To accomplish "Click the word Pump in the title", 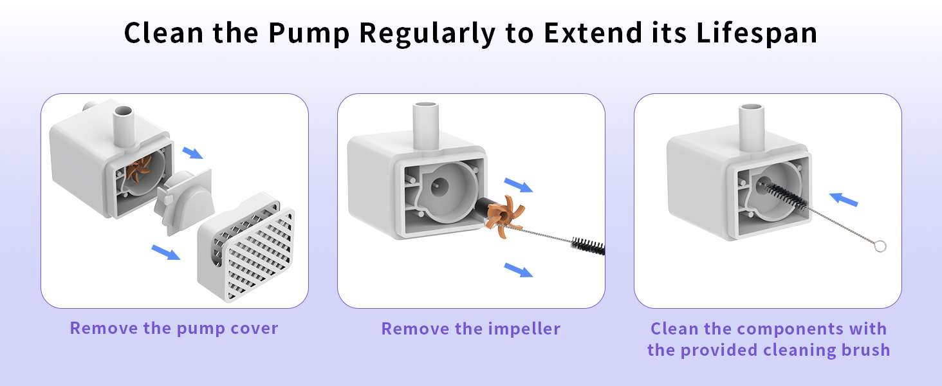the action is (309, 33).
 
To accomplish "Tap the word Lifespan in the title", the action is (757, 33).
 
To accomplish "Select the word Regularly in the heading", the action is (427, 33).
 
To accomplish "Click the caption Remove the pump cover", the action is (174, 328).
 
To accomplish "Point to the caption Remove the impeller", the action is (470, 329).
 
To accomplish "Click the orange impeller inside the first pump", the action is (138, 168).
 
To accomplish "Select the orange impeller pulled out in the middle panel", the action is (503, 216).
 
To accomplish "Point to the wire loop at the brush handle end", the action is (880, 246).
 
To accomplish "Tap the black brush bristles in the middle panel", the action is (588, 246).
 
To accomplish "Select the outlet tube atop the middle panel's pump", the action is (425, 125).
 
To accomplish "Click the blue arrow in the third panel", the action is (843, 199).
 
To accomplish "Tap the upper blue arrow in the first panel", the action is (192, 152).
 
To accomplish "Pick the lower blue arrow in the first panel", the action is (166, 252).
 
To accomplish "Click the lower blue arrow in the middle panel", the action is (518, 270).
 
